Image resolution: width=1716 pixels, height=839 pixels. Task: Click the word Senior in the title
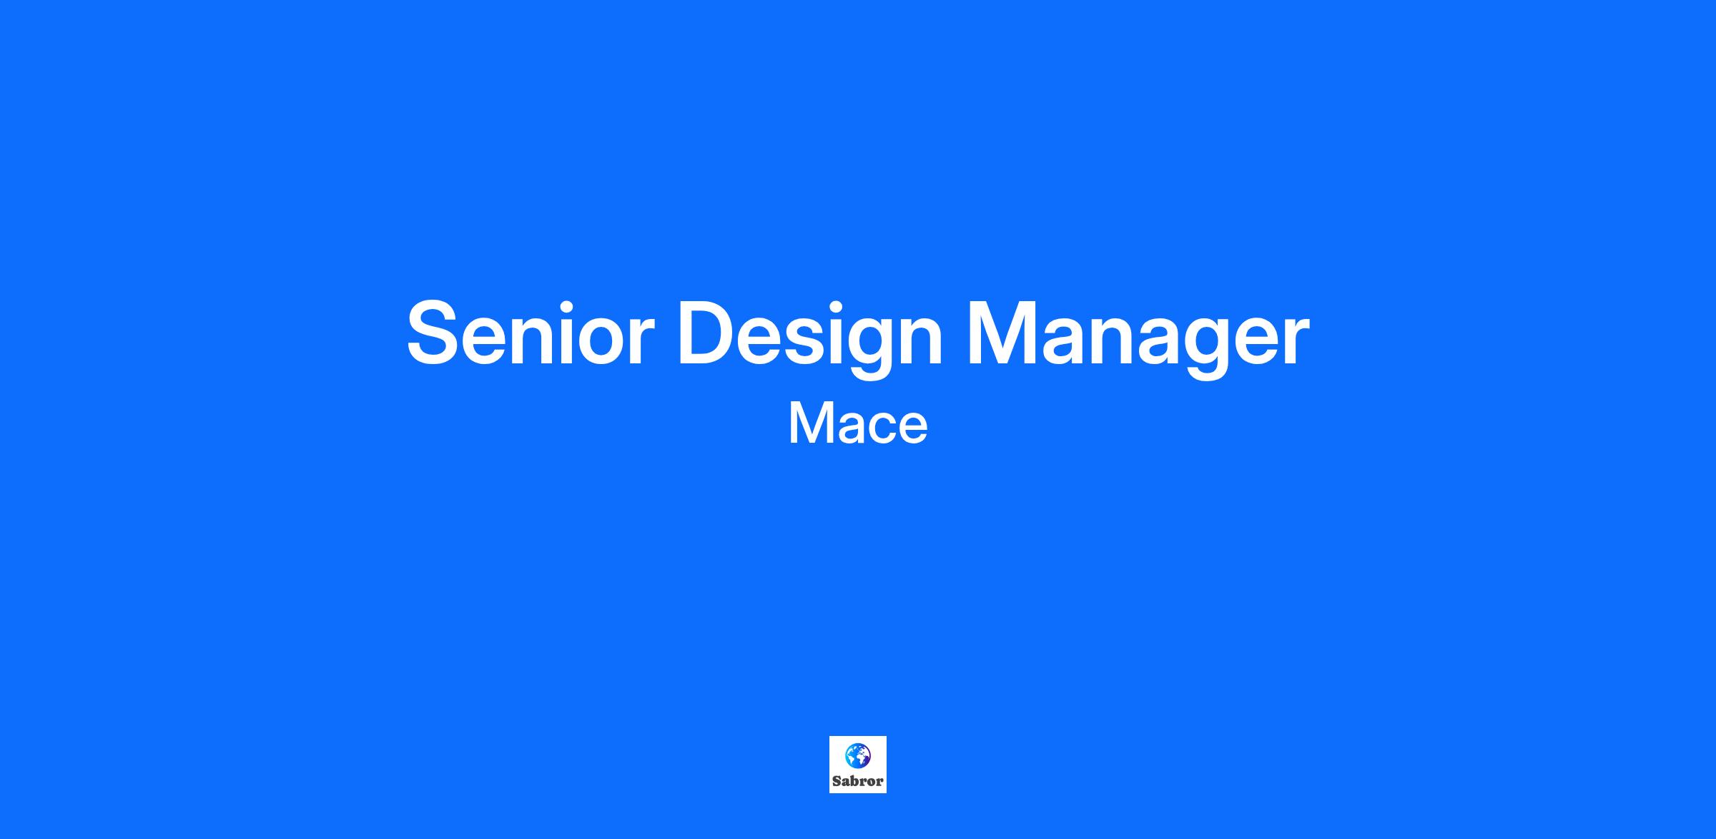click(531, 333)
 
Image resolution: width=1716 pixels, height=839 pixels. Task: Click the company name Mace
click(858, 423)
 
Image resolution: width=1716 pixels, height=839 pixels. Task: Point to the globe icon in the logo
click(858, 755)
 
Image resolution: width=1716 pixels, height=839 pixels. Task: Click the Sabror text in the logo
click(858, 781)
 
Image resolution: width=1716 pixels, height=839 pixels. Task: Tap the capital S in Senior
click(435, 333)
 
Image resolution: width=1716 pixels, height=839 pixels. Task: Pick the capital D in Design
click(708, 333)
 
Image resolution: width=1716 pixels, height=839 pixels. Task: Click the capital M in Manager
click(1004, 333)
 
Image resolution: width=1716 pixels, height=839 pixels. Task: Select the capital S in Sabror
click(837, 781)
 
